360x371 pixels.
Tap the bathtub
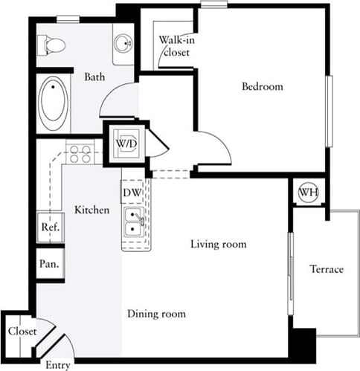click(53, 103)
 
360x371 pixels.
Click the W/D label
click(123, 141)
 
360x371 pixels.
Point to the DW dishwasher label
click(132, 193)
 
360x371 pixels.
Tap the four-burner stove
click(80, 154)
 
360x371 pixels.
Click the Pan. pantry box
click(49, 263)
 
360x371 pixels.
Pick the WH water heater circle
click(307, 193)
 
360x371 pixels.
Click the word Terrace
click(327, 269)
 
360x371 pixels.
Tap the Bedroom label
click(263, 87)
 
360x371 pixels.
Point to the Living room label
click(218, 244)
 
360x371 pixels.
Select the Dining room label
click(156, 314)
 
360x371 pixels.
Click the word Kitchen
click(92, 210)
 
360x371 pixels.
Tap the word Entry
click(58, 364)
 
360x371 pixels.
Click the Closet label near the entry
click(22, 332)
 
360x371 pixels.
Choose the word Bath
click(94, 77)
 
